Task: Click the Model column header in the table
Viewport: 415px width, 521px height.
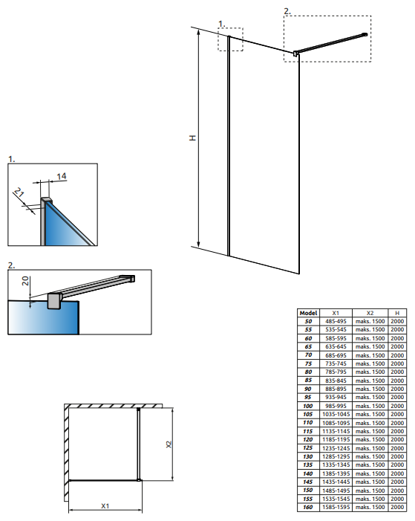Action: tap(308, 313)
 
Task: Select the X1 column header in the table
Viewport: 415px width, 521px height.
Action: tap(336, 313)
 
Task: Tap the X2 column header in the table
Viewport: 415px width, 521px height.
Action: tap(370, 313)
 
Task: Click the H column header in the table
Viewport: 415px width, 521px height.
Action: tap(397, 313)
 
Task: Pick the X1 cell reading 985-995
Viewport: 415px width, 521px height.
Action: tap(336, 406)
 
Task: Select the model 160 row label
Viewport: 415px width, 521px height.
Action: tap(308, 508)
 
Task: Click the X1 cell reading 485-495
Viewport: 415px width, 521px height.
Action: tap(336, 321)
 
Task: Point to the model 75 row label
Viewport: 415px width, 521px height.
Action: tap(308, 363)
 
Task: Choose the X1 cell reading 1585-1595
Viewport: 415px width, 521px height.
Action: tap(336, 508)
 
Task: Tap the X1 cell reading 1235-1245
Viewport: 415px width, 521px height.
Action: tap(336, 448)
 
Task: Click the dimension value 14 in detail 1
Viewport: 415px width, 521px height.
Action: tap(62, 176)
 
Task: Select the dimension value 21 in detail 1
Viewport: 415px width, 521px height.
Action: tap(19, 192)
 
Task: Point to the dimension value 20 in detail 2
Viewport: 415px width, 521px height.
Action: tap(25, 281)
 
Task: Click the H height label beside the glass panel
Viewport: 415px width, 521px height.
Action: tap(192, 137)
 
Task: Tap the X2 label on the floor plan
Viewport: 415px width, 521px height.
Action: tap(169, 444)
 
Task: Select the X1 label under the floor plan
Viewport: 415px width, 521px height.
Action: tap(105, 505)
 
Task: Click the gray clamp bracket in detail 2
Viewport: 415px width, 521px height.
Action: tap(53, 301)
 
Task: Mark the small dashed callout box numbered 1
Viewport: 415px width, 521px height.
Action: tap(230, 39)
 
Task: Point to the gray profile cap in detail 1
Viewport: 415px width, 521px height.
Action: tap(47, 200)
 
